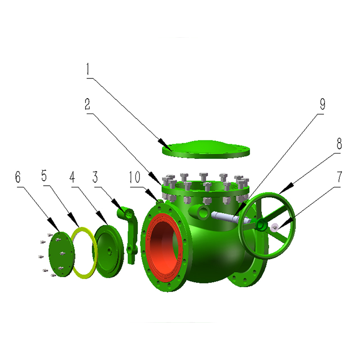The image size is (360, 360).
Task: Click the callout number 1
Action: click(x=87, y=69)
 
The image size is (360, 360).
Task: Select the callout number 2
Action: click(x=87, y=104)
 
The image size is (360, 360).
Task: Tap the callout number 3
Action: click(x=95, y=177)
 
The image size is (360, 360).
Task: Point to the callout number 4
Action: click(x=72, y=177)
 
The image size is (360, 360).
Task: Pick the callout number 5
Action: click(x=44, y=175)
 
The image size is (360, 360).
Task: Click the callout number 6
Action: click(x=18, y=177)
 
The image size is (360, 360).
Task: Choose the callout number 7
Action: click(x=339, y=177)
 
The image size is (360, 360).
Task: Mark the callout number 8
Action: click(x=339, y=144)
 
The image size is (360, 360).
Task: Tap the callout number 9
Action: click(x=323, y=104)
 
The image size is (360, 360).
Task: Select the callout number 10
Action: click(x=135, y=177)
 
